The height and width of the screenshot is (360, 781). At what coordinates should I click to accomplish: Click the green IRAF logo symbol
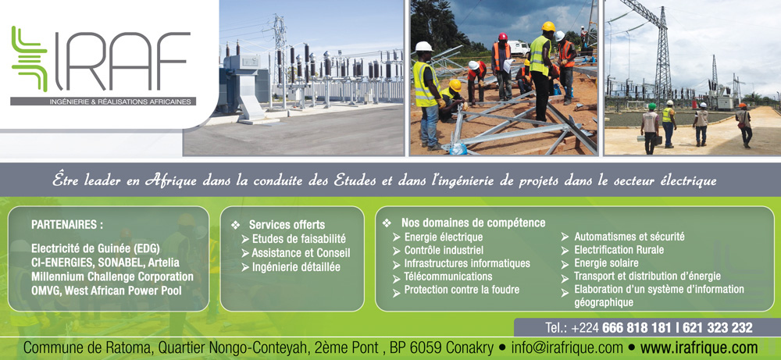point(29,59)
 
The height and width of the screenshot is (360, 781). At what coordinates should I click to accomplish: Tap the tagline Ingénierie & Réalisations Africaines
point(120,102)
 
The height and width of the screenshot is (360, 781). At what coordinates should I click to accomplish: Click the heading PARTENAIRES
point(67,225)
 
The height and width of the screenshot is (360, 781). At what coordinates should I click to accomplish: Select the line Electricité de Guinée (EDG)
point(95,248)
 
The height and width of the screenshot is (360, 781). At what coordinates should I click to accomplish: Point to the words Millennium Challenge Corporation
point(112,276)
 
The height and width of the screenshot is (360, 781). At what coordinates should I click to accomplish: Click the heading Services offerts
point(287,225)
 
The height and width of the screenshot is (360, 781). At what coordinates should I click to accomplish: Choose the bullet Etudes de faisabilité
point(299,239)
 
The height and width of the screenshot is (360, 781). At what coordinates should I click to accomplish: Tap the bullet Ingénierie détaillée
point(296,267)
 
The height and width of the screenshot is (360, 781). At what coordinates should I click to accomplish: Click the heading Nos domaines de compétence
point(473,223)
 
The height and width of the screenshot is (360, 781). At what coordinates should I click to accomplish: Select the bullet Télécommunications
point(448,276)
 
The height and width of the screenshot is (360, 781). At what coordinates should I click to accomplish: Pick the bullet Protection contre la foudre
point(462,290)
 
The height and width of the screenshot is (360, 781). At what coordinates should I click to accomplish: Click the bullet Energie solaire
point(606,263)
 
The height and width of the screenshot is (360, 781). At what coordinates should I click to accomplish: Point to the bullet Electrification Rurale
point(619,250)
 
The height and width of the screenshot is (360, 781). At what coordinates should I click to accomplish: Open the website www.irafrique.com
point(699,348)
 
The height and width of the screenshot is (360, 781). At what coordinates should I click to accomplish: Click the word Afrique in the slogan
point(169,180)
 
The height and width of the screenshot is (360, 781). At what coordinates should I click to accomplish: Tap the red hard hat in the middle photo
point(502,37)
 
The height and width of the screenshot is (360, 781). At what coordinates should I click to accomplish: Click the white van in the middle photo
point(519,48)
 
